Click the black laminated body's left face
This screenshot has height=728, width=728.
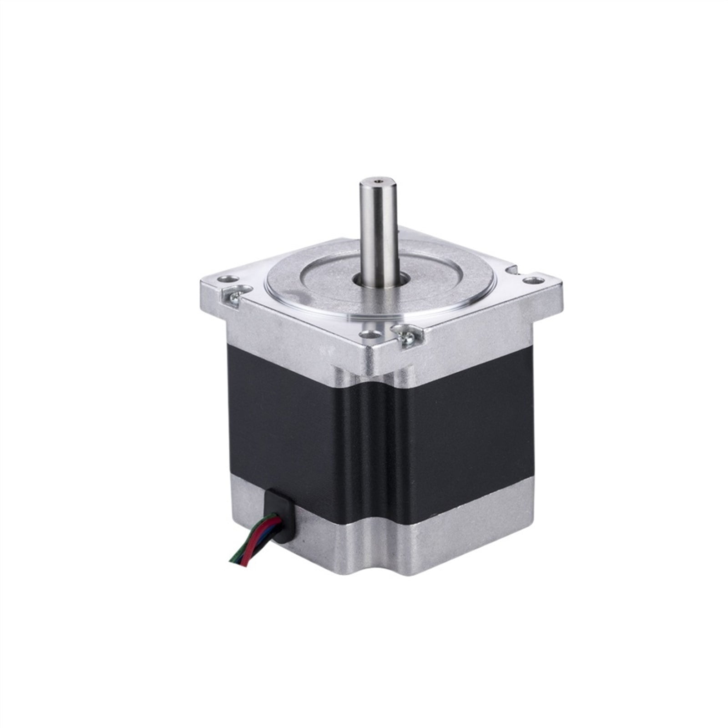[x=296, y=423]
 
